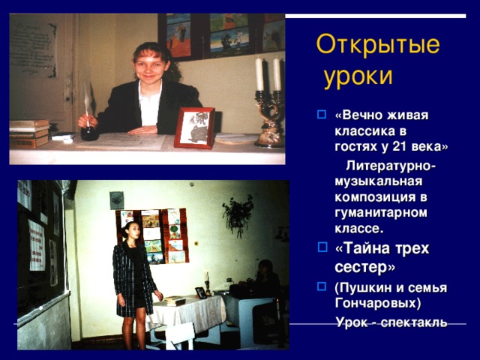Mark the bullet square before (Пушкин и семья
pyautogui.click(x=322, y=287)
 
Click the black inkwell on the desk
pyautogui.click(x=89, y=133)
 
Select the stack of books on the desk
pyautogui.click(x=28, y=133)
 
